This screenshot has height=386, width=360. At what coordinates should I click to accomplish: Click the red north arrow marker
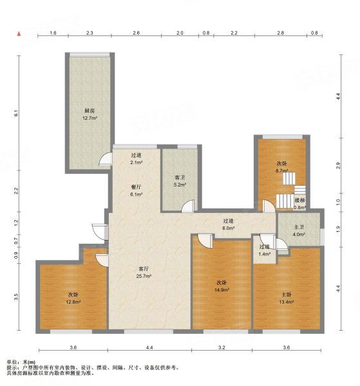pos(19,33)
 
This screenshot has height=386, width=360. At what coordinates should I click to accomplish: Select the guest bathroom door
pos(188,206)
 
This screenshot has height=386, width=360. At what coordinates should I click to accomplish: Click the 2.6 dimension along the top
pos(136,33)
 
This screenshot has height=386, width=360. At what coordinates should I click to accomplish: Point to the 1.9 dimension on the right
pos(338,229)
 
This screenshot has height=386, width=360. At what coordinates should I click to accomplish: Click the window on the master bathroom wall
pos(322,237)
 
